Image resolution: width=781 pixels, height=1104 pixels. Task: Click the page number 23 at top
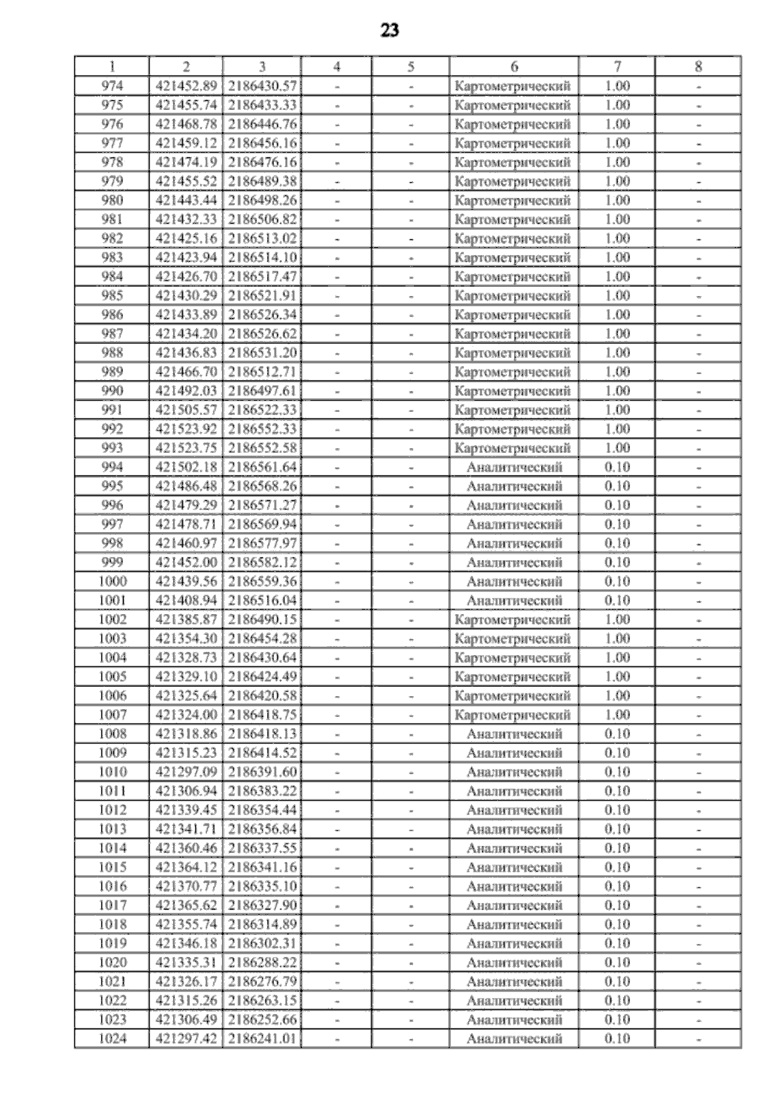pyautogui.click(x=389, y=31)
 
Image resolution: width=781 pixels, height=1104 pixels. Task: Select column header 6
pyautogui.click(x=514, y=66)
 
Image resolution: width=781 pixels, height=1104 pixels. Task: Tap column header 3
pyautogui.click(x=262, y=66)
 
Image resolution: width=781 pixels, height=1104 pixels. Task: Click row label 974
pyautogui.click(x=113, y=86)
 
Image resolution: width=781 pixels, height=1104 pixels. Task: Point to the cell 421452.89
pyautogui.click(x=186, y=86)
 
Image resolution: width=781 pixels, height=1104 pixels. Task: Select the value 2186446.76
pyautogui.click(x=262, y=124)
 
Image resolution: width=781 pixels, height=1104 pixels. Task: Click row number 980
pyautogui.click(x=113, y=200)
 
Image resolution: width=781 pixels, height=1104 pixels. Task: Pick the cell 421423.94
pyautogui.click(x=186, y=258)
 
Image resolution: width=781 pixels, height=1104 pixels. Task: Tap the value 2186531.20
pyautogui.click(x=262, y=353)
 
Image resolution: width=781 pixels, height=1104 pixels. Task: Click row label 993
pyautogui.click(x=113, y=448)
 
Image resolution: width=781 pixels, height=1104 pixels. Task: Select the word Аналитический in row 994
pyautogui.click(x=514, y=467)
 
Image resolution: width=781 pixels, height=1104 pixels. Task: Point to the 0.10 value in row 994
pyautogui.click(x=617, y=467)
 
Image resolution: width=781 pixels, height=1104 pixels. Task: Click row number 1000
pyautogui.click(x=113, y=582)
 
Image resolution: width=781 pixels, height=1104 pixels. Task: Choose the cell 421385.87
pyautogui.click(x=186, y=619)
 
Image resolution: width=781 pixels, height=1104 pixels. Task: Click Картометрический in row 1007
pyautogui.click(x=514, y=715)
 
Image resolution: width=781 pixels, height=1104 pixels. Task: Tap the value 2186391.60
pyautogui.click(x=262, y=772)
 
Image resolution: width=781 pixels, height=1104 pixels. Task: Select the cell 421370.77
pyautogui.click(x=186, y=886)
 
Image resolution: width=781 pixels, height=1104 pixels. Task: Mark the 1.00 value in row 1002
pyautogui.click(x=617, y=619)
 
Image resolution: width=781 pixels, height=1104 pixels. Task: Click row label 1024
pyautogui.click(x=113, y=1038)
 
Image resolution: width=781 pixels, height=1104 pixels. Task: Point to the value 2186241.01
pyautogui.click(x=262, y=1038)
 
